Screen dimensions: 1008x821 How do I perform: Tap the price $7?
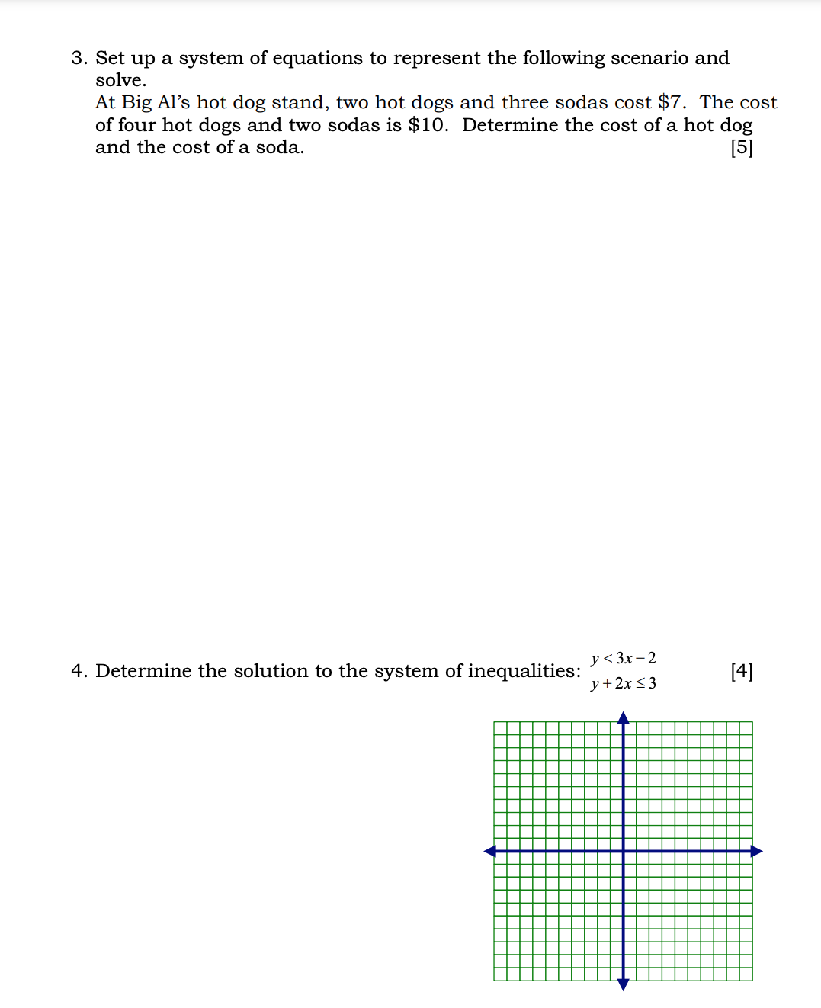click(x=671, y=102)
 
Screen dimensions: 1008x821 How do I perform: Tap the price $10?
click(x=428, y=125)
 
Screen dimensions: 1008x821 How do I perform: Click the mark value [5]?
click(x=741, y=147)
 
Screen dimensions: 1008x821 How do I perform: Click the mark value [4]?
click(x=741, y=671)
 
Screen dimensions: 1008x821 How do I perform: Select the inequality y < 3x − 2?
click(x=623, y=658)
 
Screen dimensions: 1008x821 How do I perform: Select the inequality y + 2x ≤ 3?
click(x=623, y=683)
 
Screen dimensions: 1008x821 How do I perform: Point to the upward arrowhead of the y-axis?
click(x=623, y=717)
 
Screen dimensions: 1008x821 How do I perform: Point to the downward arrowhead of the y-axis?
click(x=623, y=985)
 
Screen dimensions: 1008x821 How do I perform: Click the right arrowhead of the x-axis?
click(x=757, y=851)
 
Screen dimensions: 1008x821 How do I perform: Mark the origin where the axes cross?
click(x=623, y=851)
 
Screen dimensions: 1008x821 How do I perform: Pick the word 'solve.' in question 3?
click(x=120, y=80)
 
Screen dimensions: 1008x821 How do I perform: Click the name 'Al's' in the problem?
click(x=173, y=102)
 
